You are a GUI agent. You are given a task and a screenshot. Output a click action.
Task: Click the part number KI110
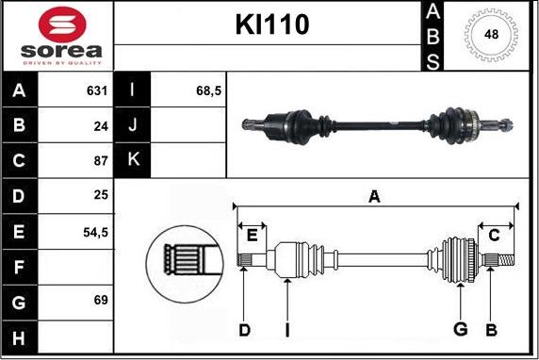point(272,25)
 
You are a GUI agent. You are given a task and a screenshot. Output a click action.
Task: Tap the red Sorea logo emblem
point(62,25)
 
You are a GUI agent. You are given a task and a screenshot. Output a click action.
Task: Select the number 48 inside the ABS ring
point(491,34)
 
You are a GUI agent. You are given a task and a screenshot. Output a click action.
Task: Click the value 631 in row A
point(97,90)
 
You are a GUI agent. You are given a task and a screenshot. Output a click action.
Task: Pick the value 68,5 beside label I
point(208,90)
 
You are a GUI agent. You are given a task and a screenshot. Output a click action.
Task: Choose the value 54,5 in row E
point(95,233)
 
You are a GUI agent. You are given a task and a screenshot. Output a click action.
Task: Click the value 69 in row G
point(101,300)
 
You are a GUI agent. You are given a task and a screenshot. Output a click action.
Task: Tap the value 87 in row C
point(101,161)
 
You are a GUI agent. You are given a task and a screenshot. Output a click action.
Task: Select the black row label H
point(19,338)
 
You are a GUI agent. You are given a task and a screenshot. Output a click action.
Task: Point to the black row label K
point(133,159)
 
